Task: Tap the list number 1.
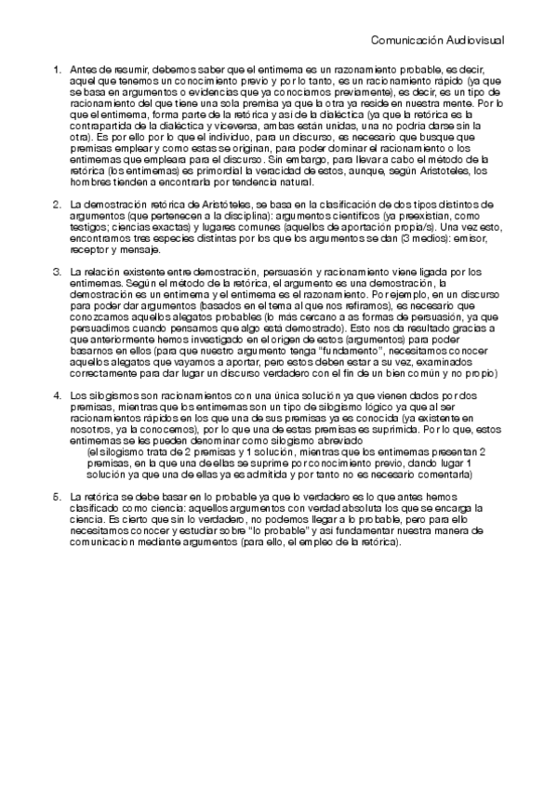pos(58,69)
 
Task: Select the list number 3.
pos(58,271)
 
